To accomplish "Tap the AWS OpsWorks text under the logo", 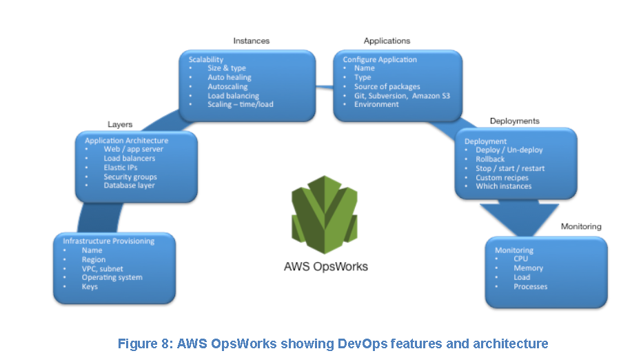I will (x=326, y=266).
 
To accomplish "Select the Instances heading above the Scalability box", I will (x=252, y=41).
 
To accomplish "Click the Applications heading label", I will (x=387, y=41).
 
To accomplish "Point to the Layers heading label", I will (x=120, y=124).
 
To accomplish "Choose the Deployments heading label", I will (x=514, y=121).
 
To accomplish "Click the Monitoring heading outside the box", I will (x=580, y=226).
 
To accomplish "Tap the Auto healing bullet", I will (x=230, y=78).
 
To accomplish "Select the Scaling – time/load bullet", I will (x=240, y=105).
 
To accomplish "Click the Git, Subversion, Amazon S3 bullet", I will (x=402, y=96).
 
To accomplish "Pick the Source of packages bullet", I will (x=387, y=87).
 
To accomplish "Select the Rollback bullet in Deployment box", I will (x=490, y=159).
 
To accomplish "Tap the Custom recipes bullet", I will (x=502, y=177).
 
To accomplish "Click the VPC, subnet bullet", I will (x=102, y=268).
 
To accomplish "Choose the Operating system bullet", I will (x=112, y=277).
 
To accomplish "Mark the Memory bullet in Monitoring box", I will (x=528, y=268).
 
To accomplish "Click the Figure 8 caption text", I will (x=332, y=343).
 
